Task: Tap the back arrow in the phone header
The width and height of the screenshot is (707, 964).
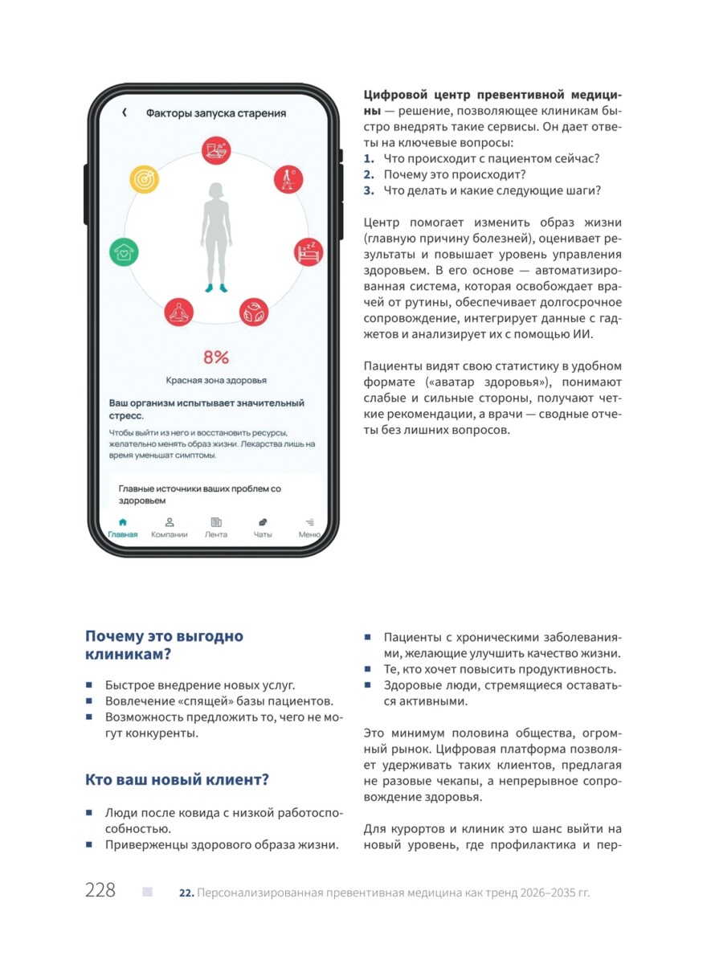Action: tap(125, 113)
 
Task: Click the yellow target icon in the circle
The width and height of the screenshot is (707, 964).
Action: tap(145, 179)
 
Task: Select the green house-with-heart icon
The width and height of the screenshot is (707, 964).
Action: tap(124, 252)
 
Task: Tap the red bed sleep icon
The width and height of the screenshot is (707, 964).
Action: tap(309, 252)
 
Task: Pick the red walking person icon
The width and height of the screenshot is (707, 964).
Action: tap(288, 179)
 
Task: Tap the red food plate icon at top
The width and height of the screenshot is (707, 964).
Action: tap(216, 149)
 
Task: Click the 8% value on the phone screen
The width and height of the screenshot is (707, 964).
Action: tap(215, 357)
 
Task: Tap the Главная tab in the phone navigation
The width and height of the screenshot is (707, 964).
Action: tap(123, 528)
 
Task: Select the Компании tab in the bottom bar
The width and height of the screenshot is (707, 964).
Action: tap(170, 528)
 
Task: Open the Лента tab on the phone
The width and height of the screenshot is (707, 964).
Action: tap(216, 528)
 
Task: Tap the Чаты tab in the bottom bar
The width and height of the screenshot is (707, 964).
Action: tap(263, 528)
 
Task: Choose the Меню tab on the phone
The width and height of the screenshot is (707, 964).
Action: tap(309, 528)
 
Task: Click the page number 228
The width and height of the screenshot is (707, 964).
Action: tap(100, 890)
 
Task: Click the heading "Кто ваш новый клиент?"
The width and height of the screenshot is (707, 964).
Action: tap(177, 779)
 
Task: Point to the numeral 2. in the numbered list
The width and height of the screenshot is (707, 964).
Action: tap(369, 174)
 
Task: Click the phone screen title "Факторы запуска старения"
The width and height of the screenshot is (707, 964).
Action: tap(216, 113)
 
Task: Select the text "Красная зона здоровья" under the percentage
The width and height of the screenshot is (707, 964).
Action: tap(216, 380)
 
